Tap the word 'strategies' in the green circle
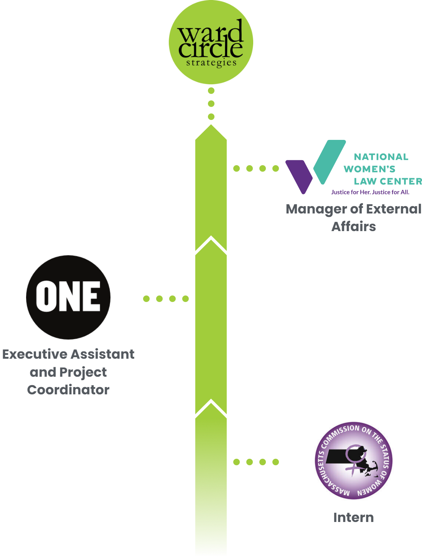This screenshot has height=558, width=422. (211, 62)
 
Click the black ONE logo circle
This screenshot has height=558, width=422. (68, 297)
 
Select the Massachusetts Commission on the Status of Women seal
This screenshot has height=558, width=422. (353, 460)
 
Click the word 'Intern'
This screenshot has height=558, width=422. (353, 517)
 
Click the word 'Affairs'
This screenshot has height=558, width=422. (353, 226)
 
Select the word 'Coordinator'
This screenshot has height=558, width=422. (68, 390)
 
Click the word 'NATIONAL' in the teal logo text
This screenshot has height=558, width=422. (381, 157)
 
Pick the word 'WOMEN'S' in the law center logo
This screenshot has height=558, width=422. (369, 169)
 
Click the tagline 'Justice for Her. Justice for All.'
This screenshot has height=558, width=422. (370, 192)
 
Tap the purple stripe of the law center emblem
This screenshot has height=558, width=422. (300, 174)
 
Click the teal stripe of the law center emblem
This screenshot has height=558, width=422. (329, 159)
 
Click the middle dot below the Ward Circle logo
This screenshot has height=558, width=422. (211, 103)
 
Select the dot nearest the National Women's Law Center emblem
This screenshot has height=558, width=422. (275, 168)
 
